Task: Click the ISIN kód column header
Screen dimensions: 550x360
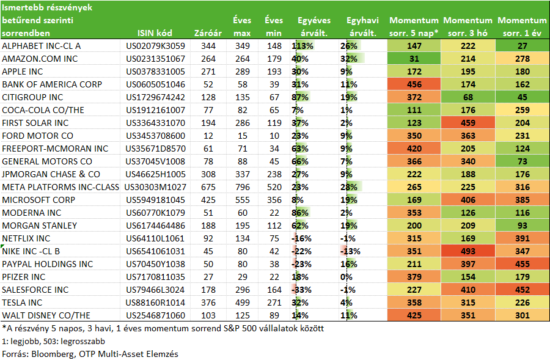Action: (x=155, y=33)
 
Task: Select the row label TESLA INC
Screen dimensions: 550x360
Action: (x=22, y=303)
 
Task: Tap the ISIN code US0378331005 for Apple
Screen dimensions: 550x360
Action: (x=155, y=72)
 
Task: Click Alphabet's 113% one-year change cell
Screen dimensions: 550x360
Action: (x=302, y=46)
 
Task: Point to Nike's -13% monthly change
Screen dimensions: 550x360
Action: (x=350, y=251)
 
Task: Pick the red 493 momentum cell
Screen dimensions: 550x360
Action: (x=468, y=251)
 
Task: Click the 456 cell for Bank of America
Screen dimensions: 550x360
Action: (x=414, y=84)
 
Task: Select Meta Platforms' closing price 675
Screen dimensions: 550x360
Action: (x=208, y=187)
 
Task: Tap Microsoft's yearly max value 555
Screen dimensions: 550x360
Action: (x=243, y=200)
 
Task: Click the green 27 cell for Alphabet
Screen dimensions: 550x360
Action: (x=522, y=46)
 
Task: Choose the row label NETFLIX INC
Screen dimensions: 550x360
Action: (x=26, y=238)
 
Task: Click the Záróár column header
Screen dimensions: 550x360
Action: (x=208, y=33)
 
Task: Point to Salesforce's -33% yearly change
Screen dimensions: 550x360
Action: (x=301, y=290)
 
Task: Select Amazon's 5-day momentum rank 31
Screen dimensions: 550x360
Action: (x=414, y=59)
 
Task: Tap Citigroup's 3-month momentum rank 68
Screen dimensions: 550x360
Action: (x=468, y=97)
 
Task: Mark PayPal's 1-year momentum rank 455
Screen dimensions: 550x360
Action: (x=522, y=264)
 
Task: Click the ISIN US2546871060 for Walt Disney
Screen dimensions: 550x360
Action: (x=155, y=315)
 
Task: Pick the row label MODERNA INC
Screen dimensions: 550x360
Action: (x=32, y=213)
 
